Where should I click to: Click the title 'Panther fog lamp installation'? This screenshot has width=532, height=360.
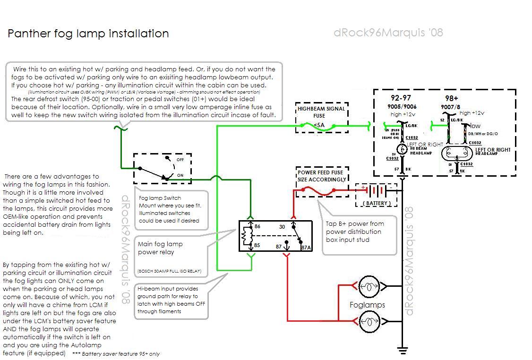click(88, 34)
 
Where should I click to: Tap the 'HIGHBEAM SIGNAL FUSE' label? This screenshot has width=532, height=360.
click(321, 112)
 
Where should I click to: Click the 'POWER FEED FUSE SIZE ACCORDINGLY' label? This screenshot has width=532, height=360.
click(321, 176)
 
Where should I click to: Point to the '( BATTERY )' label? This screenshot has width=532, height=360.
click(377, 203)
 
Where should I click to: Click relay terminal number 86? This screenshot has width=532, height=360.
click(257, 227)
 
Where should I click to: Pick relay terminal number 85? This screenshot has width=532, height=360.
click(257, 245)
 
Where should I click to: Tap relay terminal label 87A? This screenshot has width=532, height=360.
click(306, 247)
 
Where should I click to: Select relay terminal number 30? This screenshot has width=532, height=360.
click(282, 227)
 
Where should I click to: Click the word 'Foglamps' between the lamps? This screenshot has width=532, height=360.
click(367, 305)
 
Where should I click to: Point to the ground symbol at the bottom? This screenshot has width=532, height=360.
click(402, 351)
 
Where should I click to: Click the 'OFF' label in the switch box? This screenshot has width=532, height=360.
click(180, 160)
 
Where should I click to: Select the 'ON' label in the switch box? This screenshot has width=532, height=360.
click(180, 175)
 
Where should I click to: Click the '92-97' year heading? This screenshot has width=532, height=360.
click(401, 98)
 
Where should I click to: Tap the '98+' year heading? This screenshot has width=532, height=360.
click(451, 98)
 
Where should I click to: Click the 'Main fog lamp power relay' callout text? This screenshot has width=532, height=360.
click(160, 248)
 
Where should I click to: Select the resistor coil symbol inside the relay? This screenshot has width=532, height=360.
click(245, 236)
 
